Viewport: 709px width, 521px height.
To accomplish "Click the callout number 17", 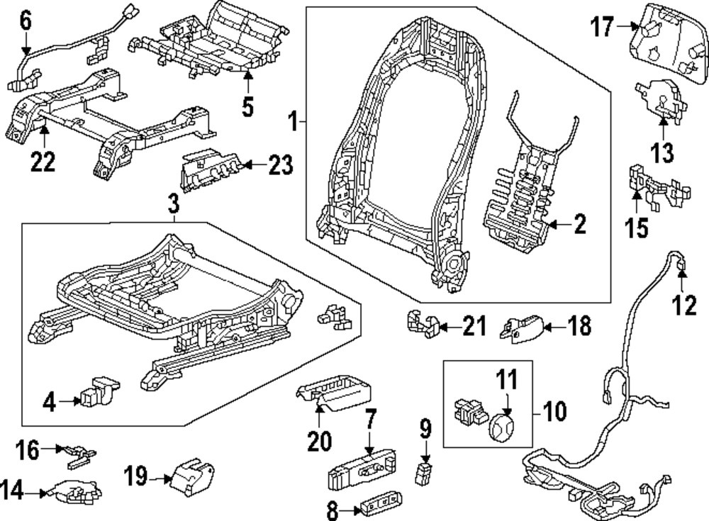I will coord(603,28).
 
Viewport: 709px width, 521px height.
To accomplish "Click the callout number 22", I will coord(43,162).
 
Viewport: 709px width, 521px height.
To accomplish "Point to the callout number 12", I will coord(686,306).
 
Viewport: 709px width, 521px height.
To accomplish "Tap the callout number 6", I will coord(26,21).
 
